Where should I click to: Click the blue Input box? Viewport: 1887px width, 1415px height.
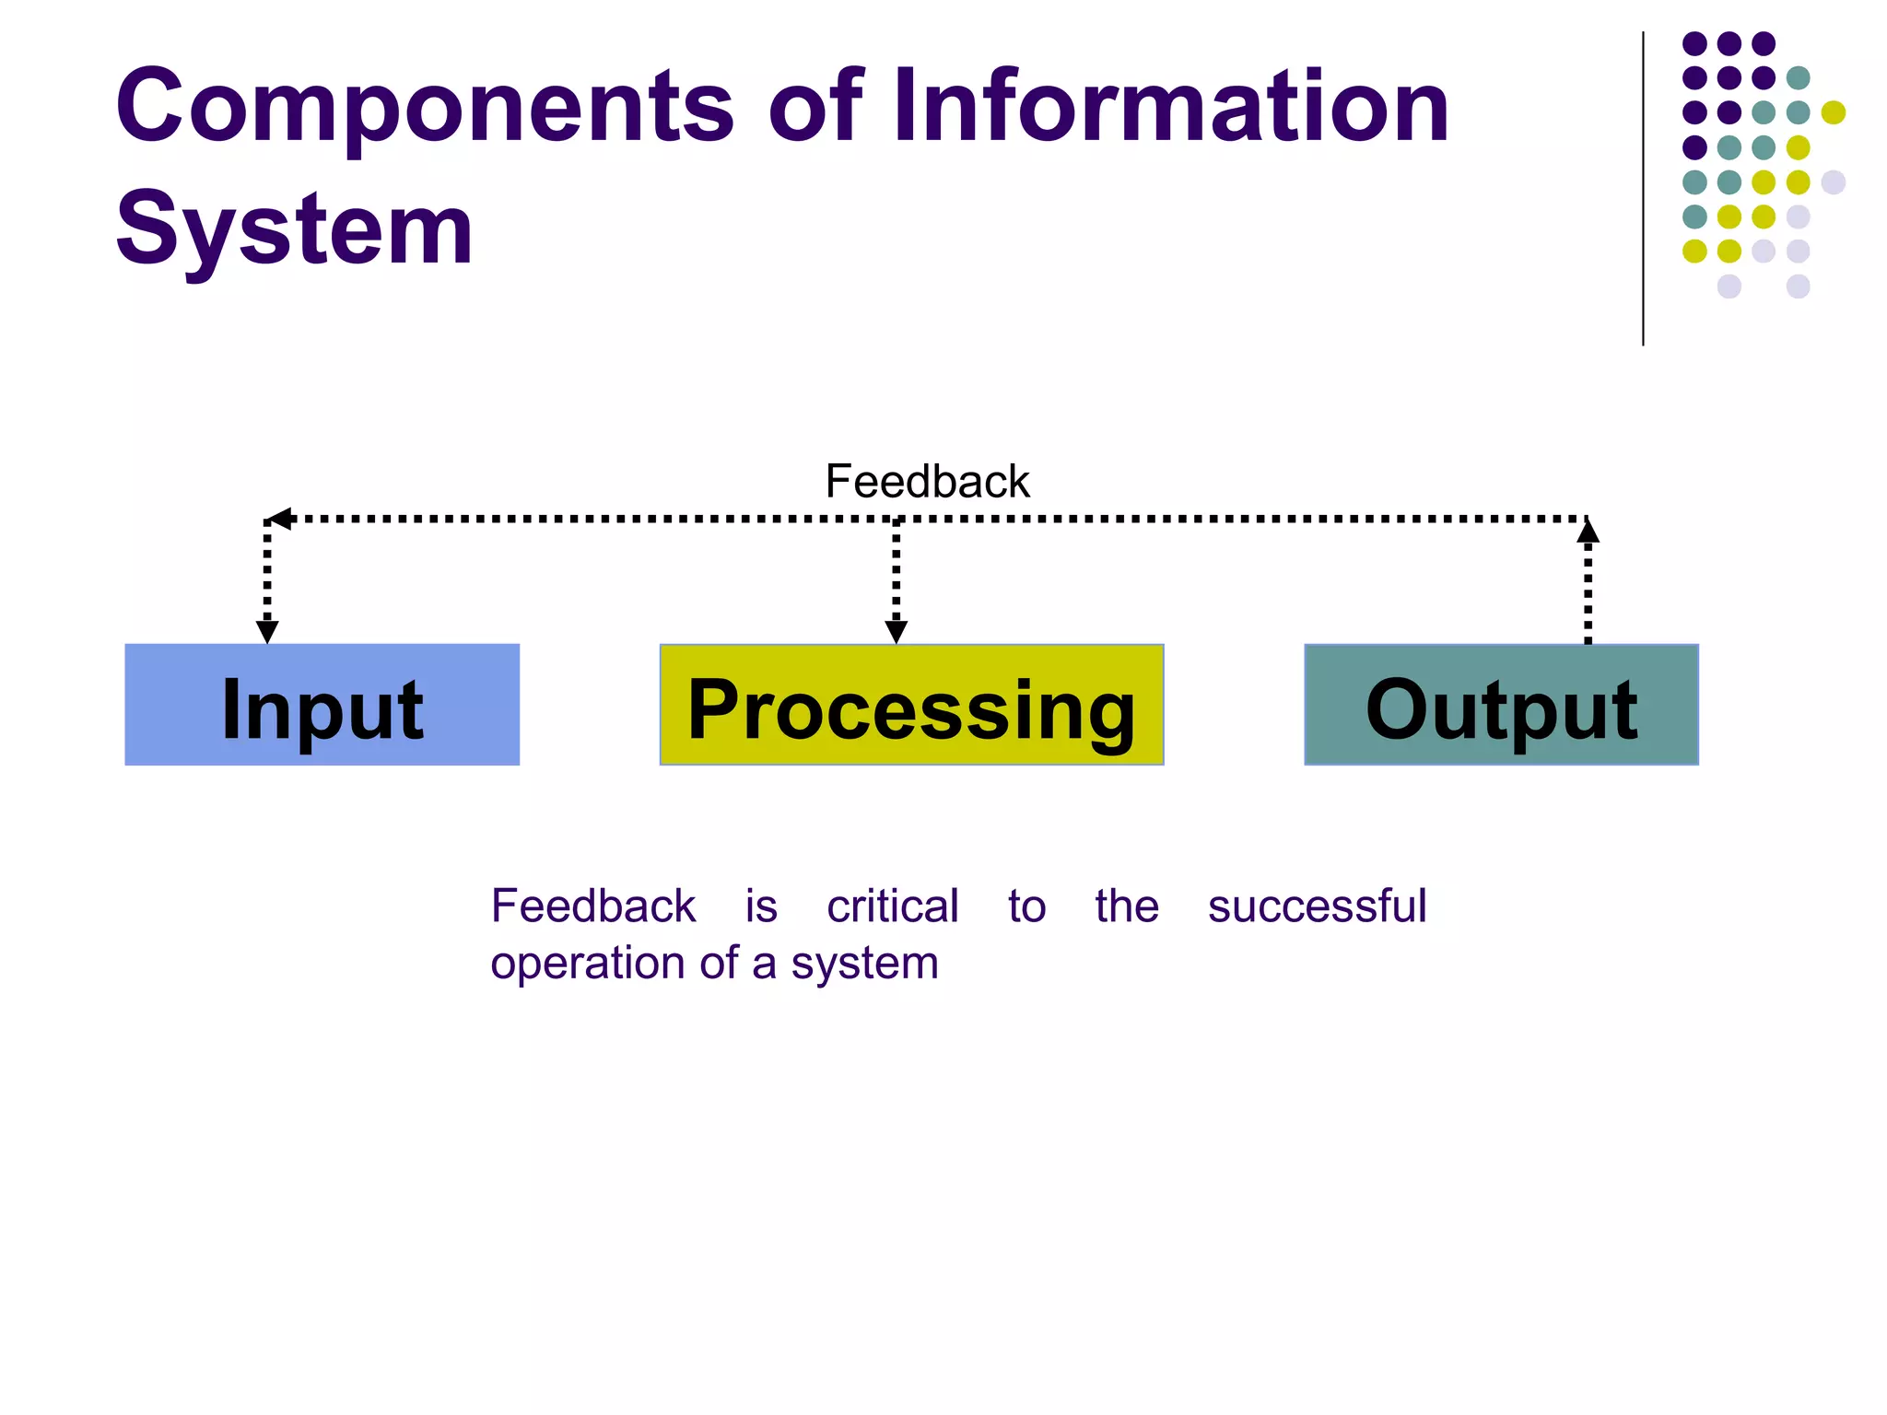pyautogui.click(x=322, y=705)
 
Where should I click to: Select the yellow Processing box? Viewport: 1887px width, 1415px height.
pyautogui.click(x=911, y=705)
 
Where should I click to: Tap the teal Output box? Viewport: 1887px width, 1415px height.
pyautogui.click(x=1501, y=705)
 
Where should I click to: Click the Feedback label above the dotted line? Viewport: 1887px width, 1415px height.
pyautogui.click(x=927, y=482)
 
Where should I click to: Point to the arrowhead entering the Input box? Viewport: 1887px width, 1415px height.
pyautogui.click(x=267, y=632)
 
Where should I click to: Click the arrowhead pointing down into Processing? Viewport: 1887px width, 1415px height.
pyautogui.click(x=896, y=632)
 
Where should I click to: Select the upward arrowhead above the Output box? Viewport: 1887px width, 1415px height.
pyautogui.click(x=1588, y=531)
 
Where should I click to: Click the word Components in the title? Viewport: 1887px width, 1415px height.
pyautogui.click(x=424, y=109)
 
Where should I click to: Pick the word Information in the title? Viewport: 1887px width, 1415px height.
pyautogui.click(x=1170, y=107)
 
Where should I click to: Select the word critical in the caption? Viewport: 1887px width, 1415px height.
pyautogui.click(x=892, y=906)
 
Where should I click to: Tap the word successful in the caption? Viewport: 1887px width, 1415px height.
pyautogui.click(x=1317, y=906)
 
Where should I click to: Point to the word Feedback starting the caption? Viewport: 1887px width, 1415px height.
pyautogui.click(x=592, y=906)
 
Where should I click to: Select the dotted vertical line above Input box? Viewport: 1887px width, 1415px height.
pyautogui.click(x=267, y=571)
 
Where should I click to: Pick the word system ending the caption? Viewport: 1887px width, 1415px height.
pyautogui.click(x=864, y=965)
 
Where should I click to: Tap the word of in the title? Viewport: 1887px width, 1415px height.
pyautogui.click(x=815, y=107)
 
